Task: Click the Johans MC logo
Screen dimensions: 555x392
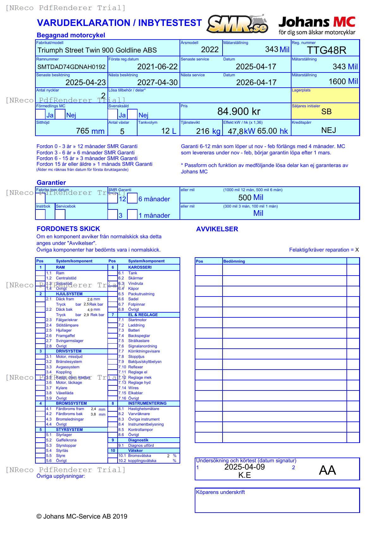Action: click(317, 25)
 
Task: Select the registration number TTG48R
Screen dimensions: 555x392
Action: click(327, 50)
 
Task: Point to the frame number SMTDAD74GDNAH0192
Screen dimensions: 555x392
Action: click(71, 67)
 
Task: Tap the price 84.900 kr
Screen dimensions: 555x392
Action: click(239, 111)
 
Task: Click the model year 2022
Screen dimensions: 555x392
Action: click(210, 50)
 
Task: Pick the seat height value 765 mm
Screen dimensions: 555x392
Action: click(90, 131)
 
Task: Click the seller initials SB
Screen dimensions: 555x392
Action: click(326, 112)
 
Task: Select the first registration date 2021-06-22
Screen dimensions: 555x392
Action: click(157, 67)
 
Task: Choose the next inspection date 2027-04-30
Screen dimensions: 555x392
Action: click(157, 83)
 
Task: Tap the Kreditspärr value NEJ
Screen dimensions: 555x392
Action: click(328, 130)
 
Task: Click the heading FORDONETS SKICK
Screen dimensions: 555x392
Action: click(68, 229)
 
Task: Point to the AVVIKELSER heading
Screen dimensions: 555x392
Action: click(217, 229)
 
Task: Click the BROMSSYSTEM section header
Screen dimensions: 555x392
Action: click(71, 403)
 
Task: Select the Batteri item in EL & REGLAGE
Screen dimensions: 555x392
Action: click(134, 330)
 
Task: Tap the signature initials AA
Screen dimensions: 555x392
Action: click(327, 470)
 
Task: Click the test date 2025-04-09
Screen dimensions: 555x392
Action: click(244, 467)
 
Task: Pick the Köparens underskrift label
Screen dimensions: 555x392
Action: click(220, 492)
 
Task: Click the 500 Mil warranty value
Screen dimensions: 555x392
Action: click(251, 197)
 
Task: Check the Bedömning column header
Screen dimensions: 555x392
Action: click(234, 261)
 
